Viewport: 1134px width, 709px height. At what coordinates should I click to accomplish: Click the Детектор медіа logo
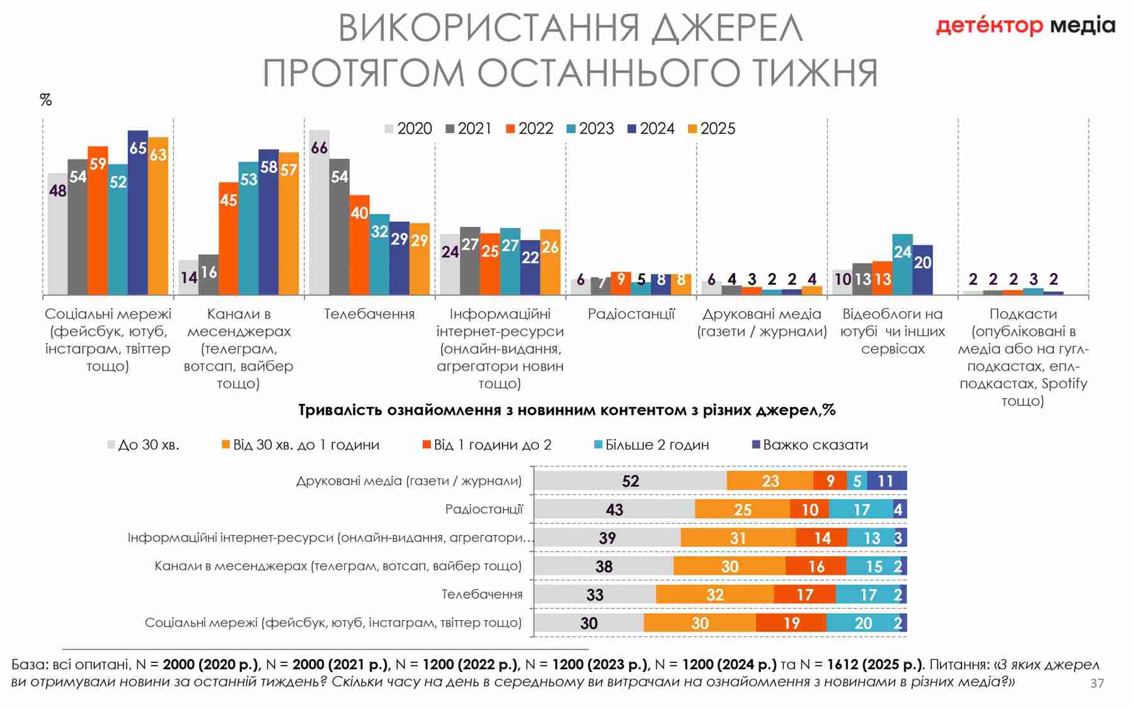point(1025,26)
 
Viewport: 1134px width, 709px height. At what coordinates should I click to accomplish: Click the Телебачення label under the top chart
point(369,314)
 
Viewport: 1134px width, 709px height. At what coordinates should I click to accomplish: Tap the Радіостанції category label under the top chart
point(631,314)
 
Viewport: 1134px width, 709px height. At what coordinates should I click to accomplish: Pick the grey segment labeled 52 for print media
point(630,481)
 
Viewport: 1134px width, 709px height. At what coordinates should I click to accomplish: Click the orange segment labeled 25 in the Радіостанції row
point(742,509)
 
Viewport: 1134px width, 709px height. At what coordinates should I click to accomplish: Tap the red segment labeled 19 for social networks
point(791,623)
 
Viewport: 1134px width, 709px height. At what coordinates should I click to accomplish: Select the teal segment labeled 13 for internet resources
point(871,538)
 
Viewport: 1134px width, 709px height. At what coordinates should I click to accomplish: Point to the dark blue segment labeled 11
point(886,481)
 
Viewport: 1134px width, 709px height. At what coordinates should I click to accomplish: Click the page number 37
point(1097,683)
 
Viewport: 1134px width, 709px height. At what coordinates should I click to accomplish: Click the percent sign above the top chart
point(46,100)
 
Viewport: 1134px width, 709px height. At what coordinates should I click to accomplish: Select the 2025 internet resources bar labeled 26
point(550,262)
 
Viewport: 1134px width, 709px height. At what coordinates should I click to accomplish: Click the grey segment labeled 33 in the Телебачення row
point(595,594)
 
